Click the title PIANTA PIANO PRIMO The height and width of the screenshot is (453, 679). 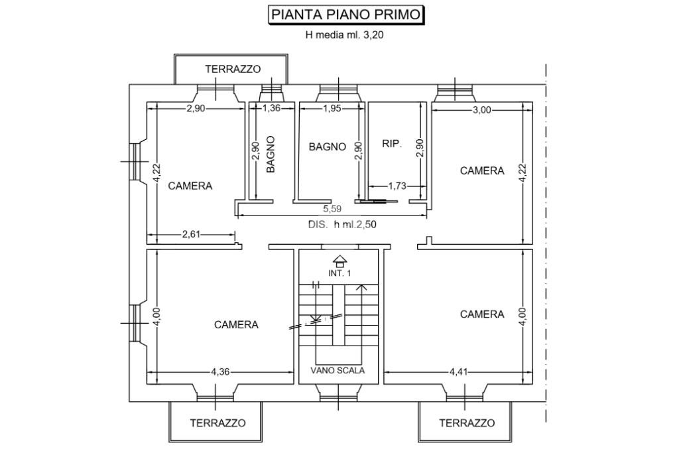(x=345, y=15)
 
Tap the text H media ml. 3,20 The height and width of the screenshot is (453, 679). (x=344, y=35)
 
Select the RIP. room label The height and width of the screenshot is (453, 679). (x=392, y=143)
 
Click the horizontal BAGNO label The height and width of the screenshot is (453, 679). (x=328, y=147)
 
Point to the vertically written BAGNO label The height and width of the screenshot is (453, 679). (x=271, y=154)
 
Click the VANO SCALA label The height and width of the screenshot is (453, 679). (x=338, y=370)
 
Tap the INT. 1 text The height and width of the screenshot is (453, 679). (x=339, y=273)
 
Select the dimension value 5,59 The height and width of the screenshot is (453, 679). (x=332, y=209)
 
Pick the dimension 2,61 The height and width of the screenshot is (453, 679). (x=191, y=234)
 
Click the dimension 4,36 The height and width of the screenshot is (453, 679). (x=220, y=371)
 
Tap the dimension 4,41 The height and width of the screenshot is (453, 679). (x=459, y=371)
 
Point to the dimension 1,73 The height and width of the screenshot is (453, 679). (x=397, y=186)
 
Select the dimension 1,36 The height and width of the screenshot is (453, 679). (x=271, y=108)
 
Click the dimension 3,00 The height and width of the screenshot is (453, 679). (x=482, y=110)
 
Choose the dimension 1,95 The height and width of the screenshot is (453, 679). (x=332, y=108)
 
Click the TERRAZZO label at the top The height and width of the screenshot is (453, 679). (x=233, y=69)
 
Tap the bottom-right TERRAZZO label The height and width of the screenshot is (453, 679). (x=467, y=423)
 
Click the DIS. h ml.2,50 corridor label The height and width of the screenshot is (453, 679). (x=342, y=224)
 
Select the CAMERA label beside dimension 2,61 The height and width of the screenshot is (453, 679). (x=190, y=186)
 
